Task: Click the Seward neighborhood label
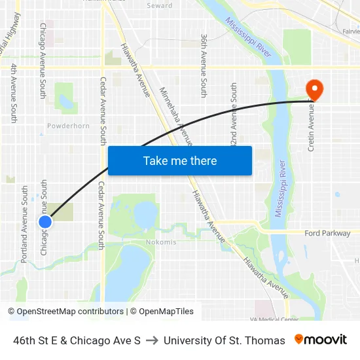point(160,6)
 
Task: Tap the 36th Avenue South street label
point(204,66)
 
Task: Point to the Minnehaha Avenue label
point(175,116)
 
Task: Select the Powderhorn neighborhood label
point(68,126)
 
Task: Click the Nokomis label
point(161,242)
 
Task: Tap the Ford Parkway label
point(327,233)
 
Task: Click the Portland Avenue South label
point(25,224)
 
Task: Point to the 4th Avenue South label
point(14,92)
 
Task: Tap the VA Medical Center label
point(274,319)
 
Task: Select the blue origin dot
point(45,222)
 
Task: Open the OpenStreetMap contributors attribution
point(67,312)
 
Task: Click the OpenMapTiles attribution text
point(162,312)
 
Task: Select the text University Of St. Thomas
point(225,340)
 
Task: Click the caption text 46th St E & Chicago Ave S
point(77,340)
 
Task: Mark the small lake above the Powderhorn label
point(65,101)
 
